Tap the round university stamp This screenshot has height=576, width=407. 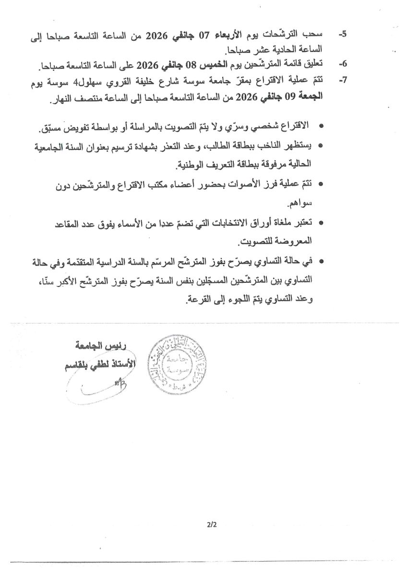[x=174, y=363]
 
